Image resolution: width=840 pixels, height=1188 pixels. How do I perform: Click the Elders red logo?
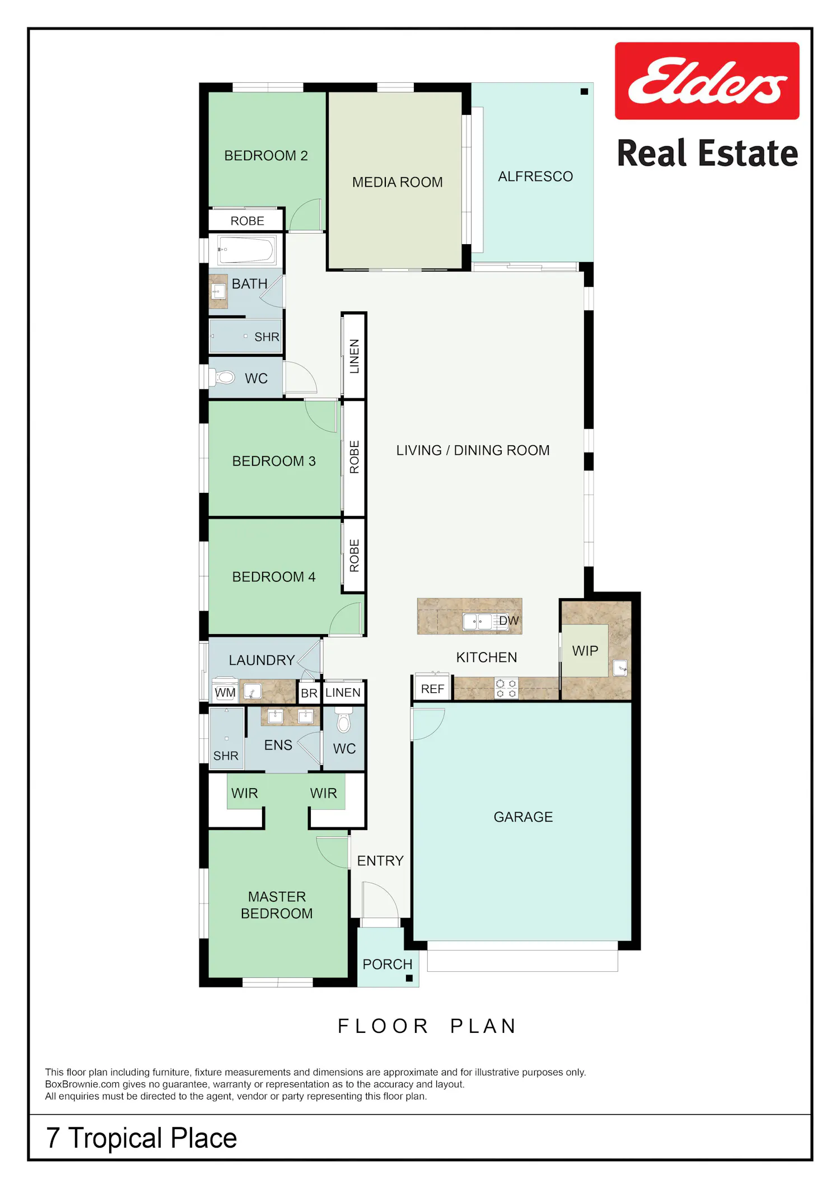pyautogui.click(x=707, y=81)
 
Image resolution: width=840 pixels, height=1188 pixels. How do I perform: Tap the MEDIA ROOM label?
pyautogui.click(x=398, y=182)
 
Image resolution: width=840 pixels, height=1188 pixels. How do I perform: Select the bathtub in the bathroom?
pyautogui.click(x=246, y=250)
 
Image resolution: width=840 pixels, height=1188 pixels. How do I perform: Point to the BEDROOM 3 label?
pyautogui.click(x=274, y=461)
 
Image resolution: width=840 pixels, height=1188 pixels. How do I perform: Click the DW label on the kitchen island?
pyautogui.click(x=509, y=621)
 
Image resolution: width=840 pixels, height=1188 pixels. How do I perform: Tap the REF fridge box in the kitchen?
pyautogui.click(x=432, y=689)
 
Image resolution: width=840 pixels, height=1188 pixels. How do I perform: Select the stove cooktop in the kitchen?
pyautogui.click(x=506, y=688)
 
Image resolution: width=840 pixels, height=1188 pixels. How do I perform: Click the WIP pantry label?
pyautogui.click(x=585, y=651)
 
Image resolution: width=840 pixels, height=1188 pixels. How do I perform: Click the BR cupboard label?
pyautogui.click(x=309, y=693)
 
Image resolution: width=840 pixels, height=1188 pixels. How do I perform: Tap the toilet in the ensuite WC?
pyautogui.click(x=344, y=720)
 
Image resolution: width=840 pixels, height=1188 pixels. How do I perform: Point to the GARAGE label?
pyautogui.click(x=523, y=817)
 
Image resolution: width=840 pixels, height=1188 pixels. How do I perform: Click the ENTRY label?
pyautogui.click(x=380, y=861)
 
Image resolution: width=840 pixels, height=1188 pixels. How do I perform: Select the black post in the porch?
pyautogui.click(x=409, y=979)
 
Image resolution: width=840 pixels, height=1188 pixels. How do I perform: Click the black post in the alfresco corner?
pyautogui.click(x=584, y=91)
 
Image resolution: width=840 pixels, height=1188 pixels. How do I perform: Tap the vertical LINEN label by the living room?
pyautogui.click(x=354, y=356)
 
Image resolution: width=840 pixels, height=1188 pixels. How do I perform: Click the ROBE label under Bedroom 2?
pyautogui.click(x=248, y=221)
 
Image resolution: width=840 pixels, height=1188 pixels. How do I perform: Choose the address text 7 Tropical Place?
pyautogui.click(x=142, y=1138)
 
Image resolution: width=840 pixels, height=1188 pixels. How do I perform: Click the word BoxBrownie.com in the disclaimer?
pyautogui.click(x=82, y=1084)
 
